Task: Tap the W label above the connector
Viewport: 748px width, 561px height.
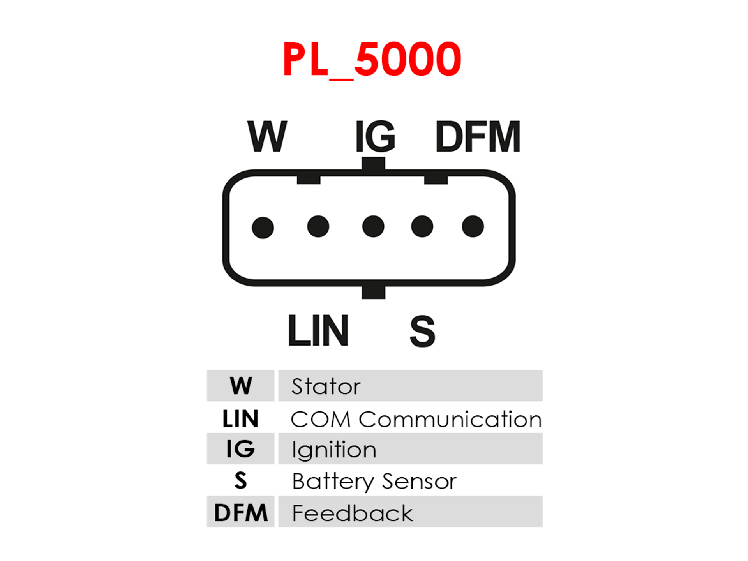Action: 267,136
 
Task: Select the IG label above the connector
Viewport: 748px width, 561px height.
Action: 375,136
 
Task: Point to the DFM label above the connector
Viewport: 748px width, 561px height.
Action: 478,136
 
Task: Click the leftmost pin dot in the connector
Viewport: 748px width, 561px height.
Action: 263,228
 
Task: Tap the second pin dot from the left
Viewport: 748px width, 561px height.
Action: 318,226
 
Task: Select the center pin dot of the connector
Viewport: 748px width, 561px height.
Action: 373,226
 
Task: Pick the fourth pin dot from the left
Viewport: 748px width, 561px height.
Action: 422,226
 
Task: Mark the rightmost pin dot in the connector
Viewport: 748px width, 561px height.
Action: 473,226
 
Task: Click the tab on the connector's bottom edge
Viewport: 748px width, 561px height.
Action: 374,292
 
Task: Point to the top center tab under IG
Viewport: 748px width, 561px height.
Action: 373,164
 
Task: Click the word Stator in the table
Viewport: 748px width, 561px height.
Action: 326,386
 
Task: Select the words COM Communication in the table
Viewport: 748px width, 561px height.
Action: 416,419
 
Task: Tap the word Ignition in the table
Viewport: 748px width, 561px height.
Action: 334,450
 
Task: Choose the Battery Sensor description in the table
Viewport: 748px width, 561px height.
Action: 374,482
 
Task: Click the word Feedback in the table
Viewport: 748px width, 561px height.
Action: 353,513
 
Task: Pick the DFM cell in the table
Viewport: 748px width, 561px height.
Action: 241,512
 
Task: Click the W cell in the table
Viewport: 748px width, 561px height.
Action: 241,386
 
